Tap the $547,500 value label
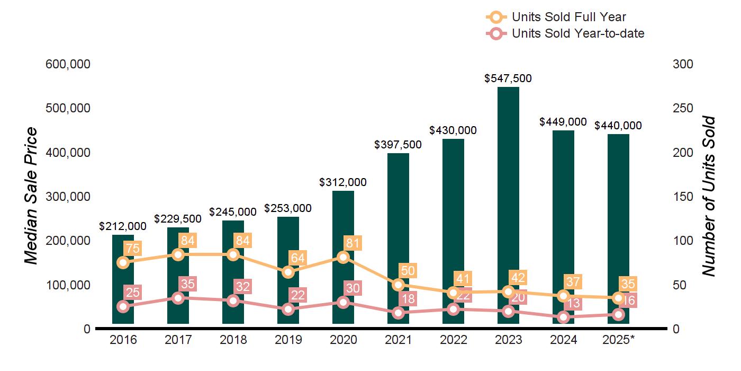click(508, 78)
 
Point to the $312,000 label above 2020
click(343, 182)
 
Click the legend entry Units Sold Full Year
click(569, 17)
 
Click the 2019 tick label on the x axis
click(288, 340)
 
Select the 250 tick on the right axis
click(683, 108)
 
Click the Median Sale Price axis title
click(32, 196)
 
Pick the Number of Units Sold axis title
click(709, 196)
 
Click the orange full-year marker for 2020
click(343, 258)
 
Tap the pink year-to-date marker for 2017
click(178, 298)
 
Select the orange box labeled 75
click(132, 249)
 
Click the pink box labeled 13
click(573, 303)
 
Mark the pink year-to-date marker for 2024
click(563, 317)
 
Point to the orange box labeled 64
click(297, 258)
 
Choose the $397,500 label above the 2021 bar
click(398, 145)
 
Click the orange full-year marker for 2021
click(398, 285)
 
